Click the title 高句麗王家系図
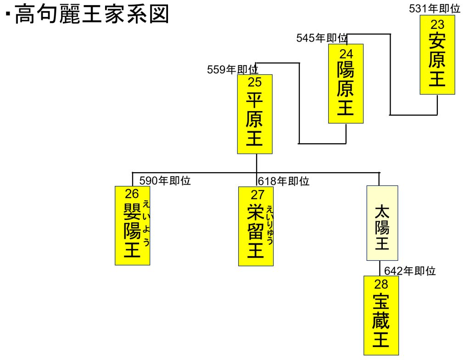click(92, 15)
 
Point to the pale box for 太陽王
click(382, 223)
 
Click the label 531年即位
click(434, 8)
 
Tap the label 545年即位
click(322, 38)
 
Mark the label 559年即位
click(233, 69)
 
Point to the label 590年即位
click(165, 181)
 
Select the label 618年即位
click(283, 181)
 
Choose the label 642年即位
click(409, 271)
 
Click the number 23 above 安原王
click(437, 24)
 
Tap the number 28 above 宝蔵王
click(381, 283)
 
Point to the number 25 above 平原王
click(255, 82)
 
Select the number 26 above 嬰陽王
click(132, 194)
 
